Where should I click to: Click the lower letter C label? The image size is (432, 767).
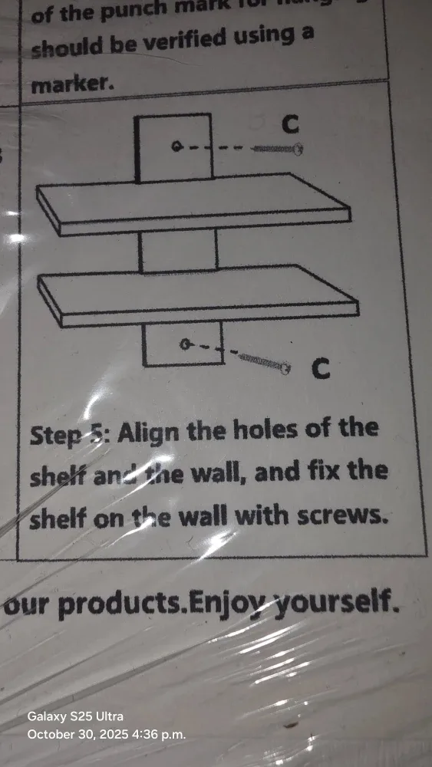(x=322, y=370)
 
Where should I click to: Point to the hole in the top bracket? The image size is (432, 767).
(x=176, y=146)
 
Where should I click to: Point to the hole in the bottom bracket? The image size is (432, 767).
(x=184, y=344)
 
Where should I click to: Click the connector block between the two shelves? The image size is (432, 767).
(x=178, y=251)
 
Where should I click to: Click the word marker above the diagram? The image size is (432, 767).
(x=73, y=85)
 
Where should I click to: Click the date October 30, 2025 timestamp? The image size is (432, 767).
(x=106, y=734)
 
